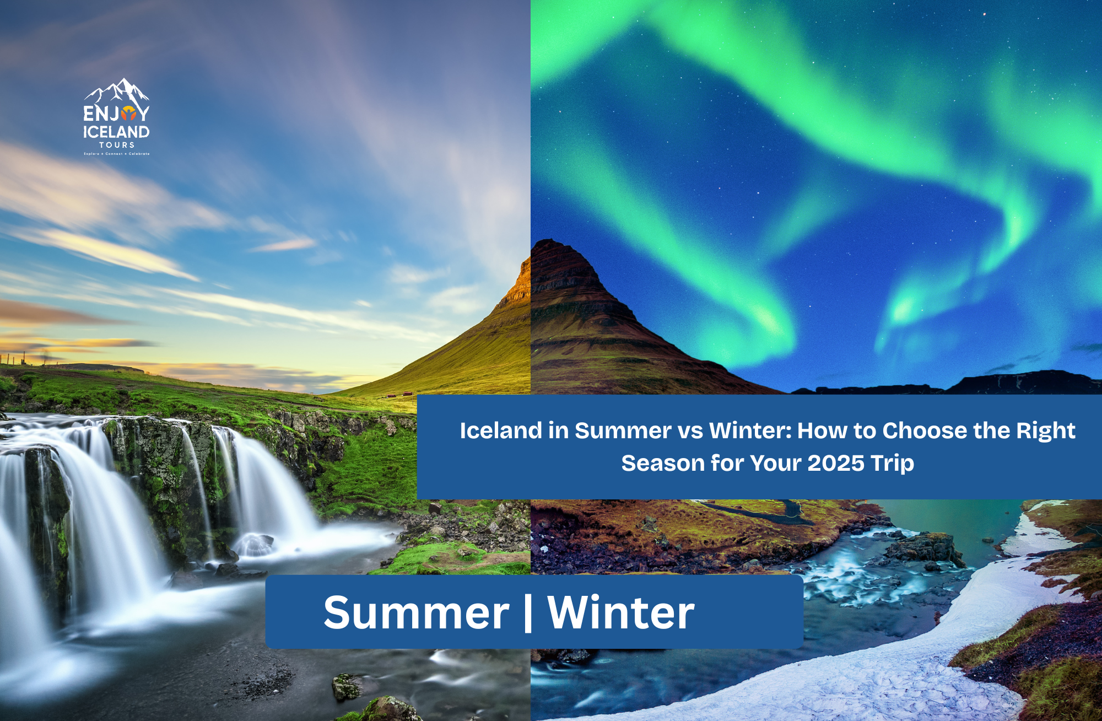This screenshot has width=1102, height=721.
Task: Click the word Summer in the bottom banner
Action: [416, 612]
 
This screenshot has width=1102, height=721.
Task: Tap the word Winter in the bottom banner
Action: [620, 612]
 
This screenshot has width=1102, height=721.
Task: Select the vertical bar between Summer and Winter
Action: [528, 612]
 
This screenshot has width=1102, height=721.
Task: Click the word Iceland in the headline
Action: [501, 431]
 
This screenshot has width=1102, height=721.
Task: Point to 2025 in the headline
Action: [836, 463]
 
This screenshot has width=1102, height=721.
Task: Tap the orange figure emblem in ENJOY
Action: [128, 114]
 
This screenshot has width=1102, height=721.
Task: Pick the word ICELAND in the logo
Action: [116, 132]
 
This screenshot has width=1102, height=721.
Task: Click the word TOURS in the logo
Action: [116, 145]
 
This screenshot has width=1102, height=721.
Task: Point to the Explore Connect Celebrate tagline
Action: [116, 154]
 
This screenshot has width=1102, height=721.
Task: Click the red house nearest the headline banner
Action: [408, 394]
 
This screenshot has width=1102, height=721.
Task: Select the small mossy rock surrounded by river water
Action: [347, 686]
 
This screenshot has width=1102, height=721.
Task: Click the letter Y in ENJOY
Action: [143, 114]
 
